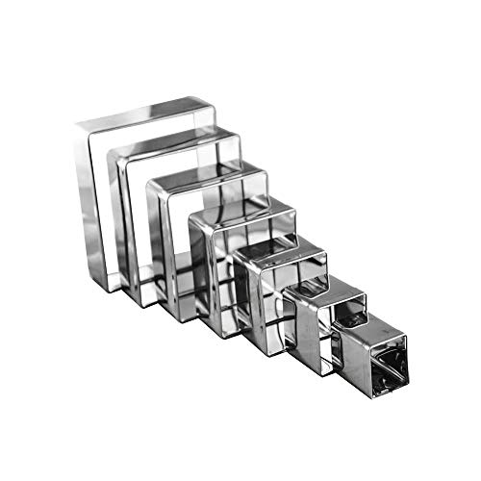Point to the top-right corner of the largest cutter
(210, 99)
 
